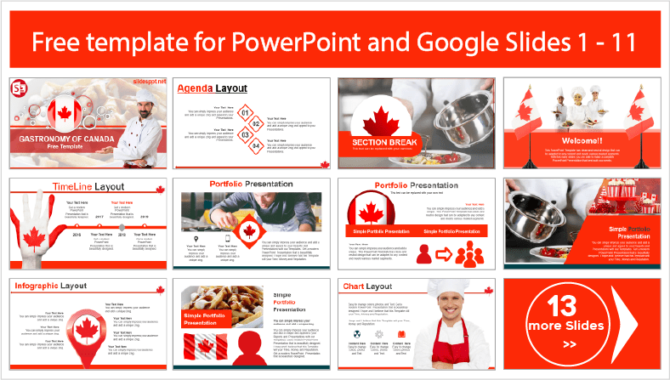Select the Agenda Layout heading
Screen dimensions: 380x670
click(212, 88)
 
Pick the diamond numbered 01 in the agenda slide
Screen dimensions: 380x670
click(246, 111)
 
